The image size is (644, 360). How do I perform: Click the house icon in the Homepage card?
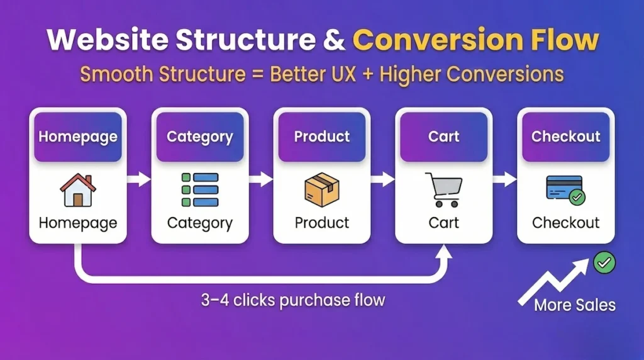(78, 190)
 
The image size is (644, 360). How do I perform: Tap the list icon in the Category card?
(200, 189)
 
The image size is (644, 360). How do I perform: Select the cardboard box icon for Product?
(322, 189)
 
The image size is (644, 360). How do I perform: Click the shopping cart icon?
(443, 189)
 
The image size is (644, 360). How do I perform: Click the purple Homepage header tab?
(78, 137)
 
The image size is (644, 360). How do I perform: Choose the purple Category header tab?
(200, 137)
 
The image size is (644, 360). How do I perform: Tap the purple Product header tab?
(322, 137)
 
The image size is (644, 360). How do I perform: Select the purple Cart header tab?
(444, 137)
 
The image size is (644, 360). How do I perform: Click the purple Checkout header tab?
(566, 137)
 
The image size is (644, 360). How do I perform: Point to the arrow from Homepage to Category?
(139, 180)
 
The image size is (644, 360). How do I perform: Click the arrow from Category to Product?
(261, 180)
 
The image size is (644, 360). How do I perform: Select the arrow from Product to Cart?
(383, 180)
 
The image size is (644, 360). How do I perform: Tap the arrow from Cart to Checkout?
(505, 180)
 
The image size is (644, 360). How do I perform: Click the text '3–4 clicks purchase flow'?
(292, 300)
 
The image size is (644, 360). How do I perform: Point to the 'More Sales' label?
(574, 306)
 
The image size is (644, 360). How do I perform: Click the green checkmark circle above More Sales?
(604, 263)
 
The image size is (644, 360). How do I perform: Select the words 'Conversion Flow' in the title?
(475, 40)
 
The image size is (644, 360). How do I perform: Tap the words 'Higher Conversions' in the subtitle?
(479, 74)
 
